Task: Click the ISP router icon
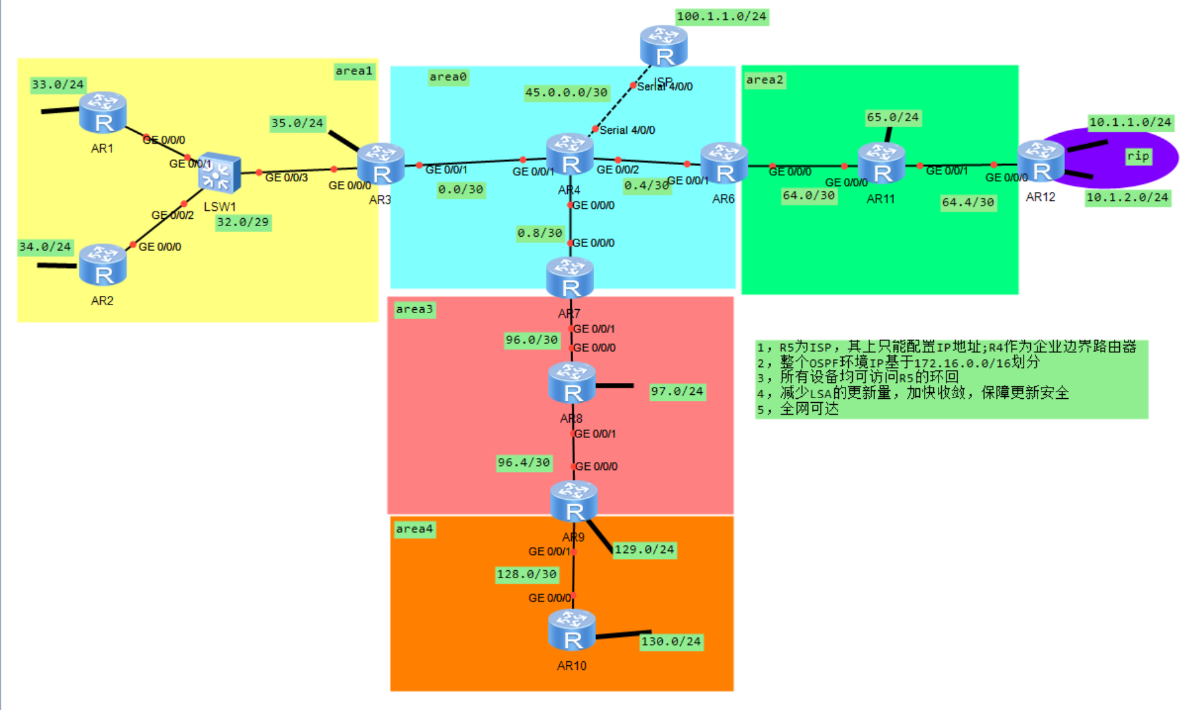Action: click(x=663, y=46)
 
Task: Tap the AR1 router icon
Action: click(x=102, y=113)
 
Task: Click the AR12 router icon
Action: click(x=1041, y=162)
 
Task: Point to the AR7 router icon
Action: click(x=570, y=278)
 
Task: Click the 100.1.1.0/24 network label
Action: click(x=721, y=16)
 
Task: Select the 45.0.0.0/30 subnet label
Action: click(x=566, y=92)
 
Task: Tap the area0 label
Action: click(x=448, y=77)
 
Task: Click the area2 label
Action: click(x=764, y=80)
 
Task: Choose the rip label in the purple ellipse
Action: click(x=1138, y=156)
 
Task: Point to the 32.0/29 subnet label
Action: click(x=243, y=222)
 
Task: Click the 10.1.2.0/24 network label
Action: click(x=1127, y=197)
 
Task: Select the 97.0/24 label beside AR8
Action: click(x=677, y=392)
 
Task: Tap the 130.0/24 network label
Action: click(x=671, y=641)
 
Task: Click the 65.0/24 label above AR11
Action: click(x=892, y=117)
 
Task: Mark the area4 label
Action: click(x=414, y=529)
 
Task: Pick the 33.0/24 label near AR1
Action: click(x=58, y=84)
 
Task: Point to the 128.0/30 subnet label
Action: click(x=527, y=574)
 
